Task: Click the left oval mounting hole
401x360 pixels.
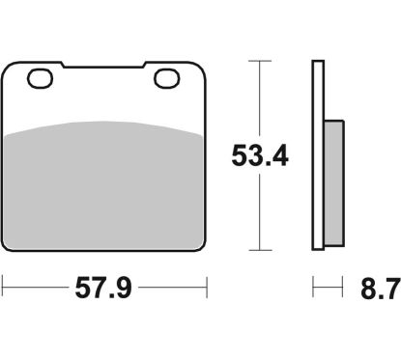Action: tap(40, 79)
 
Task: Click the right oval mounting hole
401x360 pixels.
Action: tap(166, 79)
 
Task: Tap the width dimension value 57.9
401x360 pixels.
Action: tap(104, 287)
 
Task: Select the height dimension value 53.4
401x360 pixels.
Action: tap(257, 154)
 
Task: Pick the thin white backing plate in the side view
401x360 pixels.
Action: tap(317, 154)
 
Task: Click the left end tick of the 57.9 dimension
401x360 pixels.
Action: tap(4, 287)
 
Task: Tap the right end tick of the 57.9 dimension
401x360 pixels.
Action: tap(206, 287)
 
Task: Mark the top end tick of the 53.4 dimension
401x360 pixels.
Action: tap(257, 61)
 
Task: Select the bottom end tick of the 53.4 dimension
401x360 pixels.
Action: tap(257, 248)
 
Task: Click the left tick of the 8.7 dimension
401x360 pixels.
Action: tap(313, 287)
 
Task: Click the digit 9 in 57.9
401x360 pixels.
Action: tap(128, 287)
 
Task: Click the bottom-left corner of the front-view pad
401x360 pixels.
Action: tap(6, 245)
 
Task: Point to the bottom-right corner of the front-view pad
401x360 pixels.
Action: tap(204, 245)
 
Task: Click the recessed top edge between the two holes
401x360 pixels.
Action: tap(103, 69)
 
